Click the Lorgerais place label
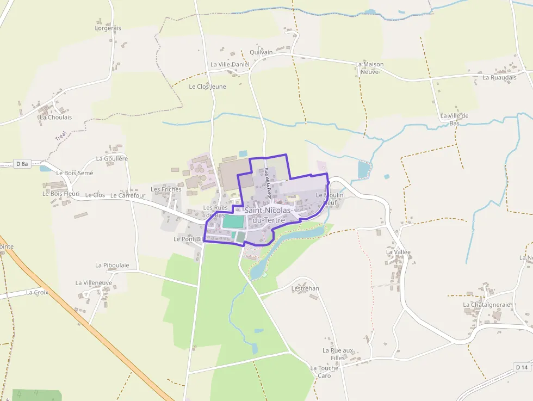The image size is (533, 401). coord(108,28)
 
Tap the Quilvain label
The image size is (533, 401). coord(261,52)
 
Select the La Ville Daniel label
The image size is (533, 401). coord(230,64)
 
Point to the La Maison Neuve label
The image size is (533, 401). coord(369,67)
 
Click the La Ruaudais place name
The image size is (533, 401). coord(499,77)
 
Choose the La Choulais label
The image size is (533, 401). coord(55,117)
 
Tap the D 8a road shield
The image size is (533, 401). coord(22,164)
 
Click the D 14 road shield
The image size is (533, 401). coord(522,367)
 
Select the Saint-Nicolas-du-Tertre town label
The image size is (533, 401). coord(269,214)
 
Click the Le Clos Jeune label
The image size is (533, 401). coord(207,87)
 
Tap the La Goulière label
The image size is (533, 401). coord(111,158)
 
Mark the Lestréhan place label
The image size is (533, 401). coord(305,288)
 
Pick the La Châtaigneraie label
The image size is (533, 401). coord(487,305)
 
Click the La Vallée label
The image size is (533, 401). coord(398,252)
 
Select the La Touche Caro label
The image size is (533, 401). coord(324,372)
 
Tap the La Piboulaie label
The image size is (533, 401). coord(112,265)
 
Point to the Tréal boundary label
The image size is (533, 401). coord(60,135)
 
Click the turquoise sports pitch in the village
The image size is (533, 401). coord(233,222)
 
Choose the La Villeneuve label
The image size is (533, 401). coord(94,283)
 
